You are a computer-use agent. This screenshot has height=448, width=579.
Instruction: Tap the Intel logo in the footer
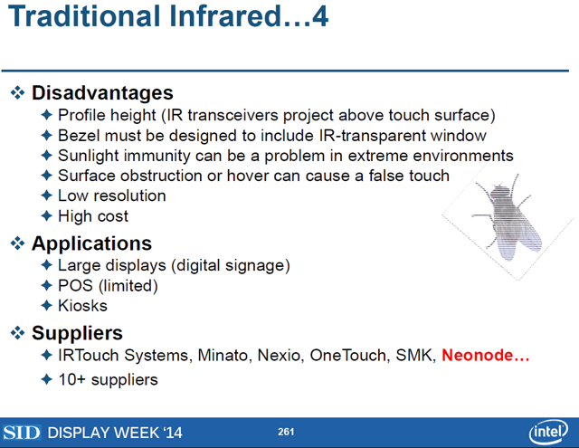click(548, 432)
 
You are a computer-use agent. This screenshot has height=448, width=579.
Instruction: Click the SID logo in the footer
click(22, 433)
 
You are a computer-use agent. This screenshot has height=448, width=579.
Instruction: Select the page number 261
click(286, 432)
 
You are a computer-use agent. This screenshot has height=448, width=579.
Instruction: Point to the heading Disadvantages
click(102, 92)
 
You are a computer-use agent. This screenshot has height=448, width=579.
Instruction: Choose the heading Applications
click(91, 243)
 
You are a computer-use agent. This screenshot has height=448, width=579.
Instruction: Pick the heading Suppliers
click(77, 333)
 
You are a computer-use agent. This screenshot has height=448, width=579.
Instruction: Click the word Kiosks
click(82, 306)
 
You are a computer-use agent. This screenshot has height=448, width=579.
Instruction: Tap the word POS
click(75, 285)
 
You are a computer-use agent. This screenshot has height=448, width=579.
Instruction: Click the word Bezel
click(79, 136)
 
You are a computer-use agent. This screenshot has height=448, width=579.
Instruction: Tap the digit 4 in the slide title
click(319, 16)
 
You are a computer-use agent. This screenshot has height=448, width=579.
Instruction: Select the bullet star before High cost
click(46, 215)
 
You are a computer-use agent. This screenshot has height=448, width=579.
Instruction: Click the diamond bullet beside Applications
click(17, 243)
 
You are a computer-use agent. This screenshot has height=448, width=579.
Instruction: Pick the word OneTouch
click(350, 356)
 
